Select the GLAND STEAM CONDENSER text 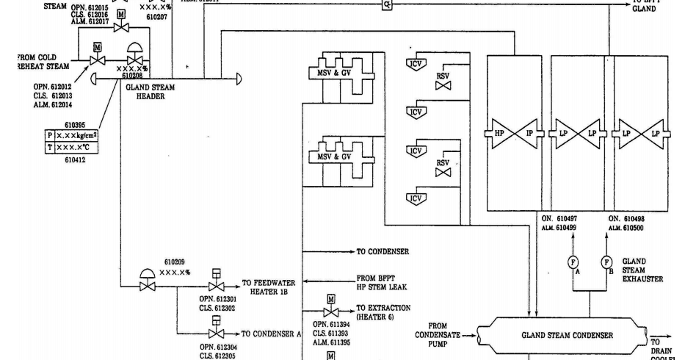tap(567, 336)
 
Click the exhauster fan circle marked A tap(574, 262)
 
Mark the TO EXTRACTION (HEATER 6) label tap(383, 312)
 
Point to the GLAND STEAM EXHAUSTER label tap(643, 270)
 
